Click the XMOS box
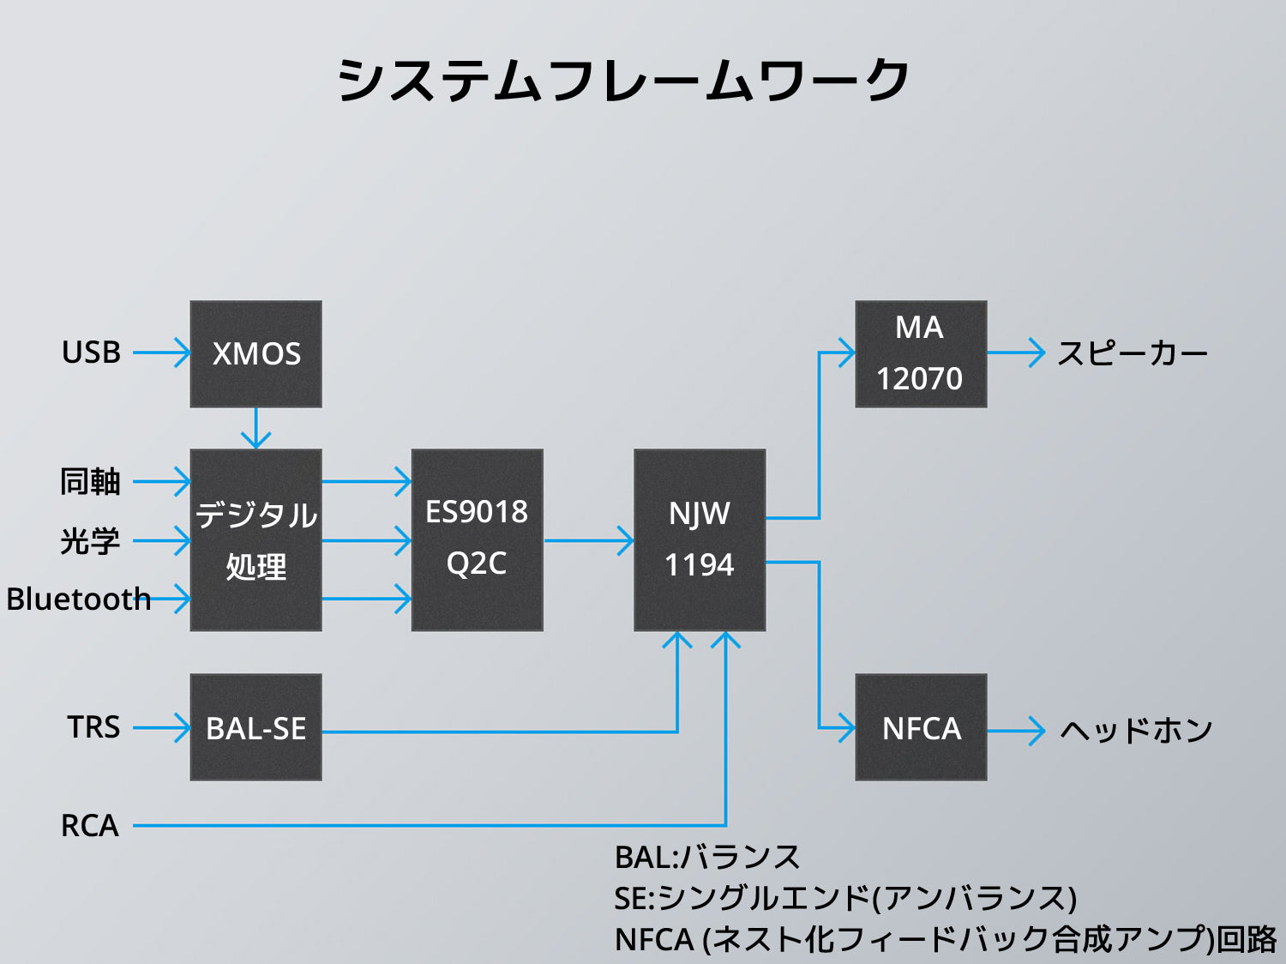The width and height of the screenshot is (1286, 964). pos(255,353)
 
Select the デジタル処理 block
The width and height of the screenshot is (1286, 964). pos(255,540)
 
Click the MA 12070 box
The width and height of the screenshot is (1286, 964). pos(921,353)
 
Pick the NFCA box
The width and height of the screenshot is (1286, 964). pos(921,727)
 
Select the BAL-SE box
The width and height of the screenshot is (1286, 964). pos(255,727)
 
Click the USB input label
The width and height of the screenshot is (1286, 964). pos(91,352)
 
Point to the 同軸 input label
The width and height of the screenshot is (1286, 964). pos(90,482)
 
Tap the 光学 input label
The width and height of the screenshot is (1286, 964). pos(90,541)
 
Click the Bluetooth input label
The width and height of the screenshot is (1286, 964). pos(78,599)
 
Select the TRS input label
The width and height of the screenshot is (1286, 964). pos(93,727)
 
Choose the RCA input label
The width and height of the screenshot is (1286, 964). pos(89,826)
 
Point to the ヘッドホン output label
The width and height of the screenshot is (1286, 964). pos(1136,730)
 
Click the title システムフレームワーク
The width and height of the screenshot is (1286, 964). pos(623,81)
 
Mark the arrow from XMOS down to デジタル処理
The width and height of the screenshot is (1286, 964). pos(255,428)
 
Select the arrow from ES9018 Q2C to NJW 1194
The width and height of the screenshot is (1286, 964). pos(588,541)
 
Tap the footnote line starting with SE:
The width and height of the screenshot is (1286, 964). pos(844,898)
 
